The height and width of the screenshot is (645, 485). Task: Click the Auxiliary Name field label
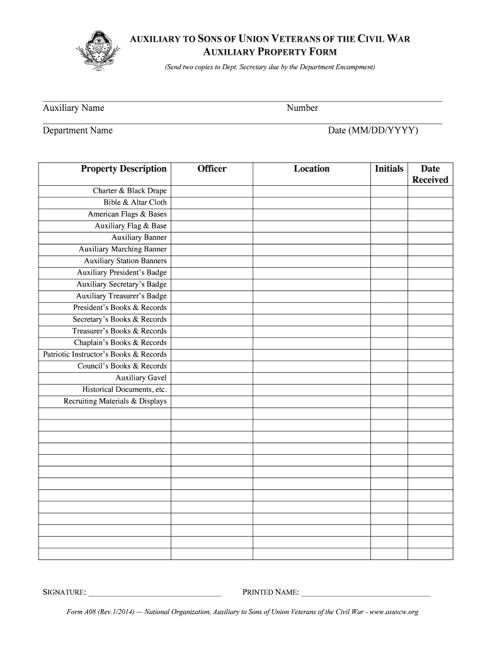(x=74, y=108)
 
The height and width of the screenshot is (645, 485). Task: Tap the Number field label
(x=302, y=108)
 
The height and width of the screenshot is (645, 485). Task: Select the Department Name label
(x=77, y=130)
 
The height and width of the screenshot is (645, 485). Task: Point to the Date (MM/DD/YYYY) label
(x=373, y=130)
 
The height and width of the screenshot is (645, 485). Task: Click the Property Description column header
(x=123, y=169)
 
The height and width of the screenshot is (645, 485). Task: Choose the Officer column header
(x=212, y=169)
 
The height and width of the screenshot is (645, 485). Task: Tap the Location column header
(x=311, y=169)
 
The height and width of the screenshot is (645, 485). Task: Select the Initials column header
(x=389, y=169)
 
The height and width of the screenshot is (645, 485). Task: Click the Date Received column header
(x=430, y=174)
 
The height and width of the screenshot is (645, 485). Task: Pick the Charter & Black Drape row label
(x=130, y=191)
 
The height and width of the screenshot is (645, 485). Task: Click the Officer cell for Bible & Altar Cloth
(x=212, y=203)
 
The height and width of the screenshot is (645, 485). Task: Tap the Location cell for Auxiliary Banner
(x=311, y=237)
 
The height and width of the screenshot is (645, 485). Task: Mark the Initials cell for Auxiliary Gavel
(x=389, y=378)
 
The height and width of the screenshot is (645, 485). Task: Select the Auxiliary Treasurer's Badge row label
(x=122, y=296)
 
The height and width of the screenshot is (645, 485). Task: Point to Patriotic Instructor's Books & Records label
(x=105, y=355)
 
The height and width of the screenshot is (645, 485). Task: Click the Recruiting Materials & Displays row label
(x=115, y=401)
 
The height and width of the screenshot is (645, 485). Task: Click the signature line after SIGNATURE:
(x=155, y=593)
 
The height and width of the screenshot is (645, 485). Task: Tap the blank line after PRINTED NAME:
(x=366, y=593)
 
